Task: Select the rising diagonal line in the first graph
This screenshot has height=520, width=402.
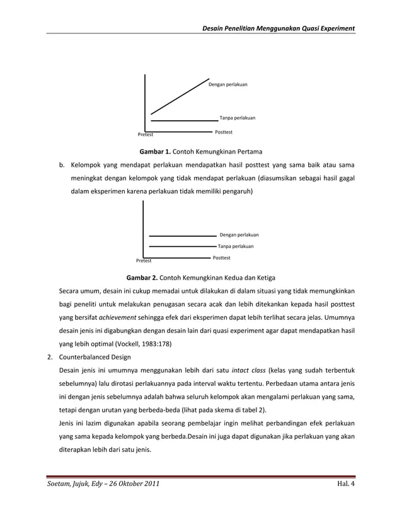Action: [x=180, y=98]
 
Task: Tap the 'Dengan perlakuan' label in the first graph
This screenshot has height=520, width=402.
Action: [x=228, y=83]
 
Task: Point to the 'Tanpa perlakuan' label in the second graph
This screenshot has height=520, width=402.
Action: [x=236, y=246]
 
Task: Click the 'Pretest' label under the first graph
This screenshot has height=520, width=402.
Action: [x=146, y=135]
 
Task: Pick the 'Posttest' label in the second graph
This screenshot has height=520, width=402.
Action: [x=221, y=257]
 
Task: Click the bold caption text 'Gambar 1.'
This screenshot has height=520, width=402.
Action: [x=155, y=152]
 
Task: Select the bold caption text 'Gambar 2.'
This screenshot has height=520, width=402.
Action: [x=143, y=277]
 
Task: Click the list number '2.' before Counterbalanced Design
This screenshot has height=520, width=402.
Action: [x=49, y=359]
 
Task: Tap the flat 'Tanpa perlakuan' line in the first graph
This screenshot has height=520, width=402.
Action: [x=184, y=120]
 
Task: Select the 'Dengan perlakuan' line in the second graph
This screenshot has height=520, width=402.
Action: [x=183, y=235]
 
